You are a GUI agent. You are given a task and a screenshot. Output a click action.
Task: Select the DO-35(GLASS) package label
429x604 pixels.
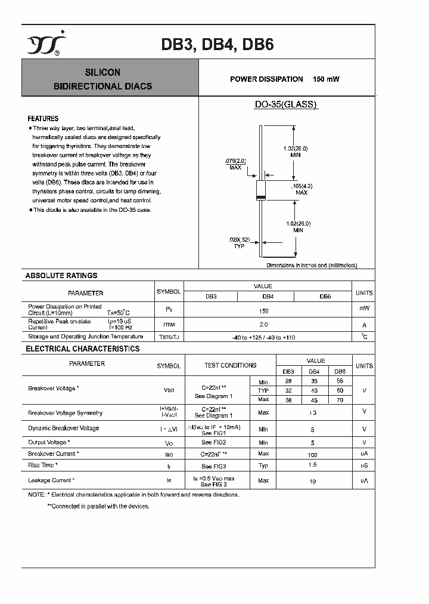pos(286,104)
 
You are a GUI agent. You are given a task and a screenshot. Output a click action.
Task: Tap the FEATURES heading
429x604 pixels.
pos(43,119)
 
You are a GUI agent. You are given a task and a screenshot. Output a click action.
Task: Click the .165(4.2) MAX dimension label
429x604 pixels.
pos(301,189)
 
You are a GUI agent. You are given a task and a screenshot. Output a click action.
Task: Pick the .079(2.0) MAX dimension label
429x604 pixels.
pos(235,164)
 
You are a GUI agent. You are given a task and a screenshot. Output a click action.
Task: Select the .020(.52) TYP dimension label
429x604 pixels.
pos(240,242)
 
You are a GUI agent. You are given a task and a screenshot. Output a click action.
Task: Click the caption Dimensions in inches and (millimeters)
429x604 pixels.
pos(312,265)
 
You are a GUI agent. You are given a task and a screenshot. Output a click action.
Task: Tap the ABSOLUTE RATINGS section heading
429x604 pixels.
pos(61,276)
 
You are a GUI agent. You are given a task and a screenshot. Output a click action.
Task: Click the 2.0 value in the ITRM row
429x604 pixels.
pos(264,324)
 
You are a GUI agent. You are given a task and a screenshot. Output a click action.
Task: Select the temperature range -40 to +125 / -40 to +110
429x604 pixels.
pos(263,337)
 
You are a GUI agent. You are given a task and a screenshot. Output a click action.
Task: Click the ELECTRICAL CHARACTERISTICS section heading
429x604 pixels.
pos(82,349)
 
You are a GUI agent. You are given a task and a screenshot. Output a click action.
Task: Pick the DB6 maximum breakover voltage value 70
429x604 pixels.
pos(339,399)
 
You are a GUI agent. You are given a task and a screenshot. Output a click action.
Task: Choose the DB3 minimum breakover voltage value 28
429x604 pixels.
pos(288,381)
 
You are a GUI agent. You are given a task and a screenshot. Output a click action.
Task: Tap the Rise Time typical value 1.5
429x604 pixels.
pos(313,465)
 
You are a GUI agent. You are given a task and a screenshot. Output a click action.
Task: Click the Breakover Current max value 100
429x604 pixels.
pos(313,454)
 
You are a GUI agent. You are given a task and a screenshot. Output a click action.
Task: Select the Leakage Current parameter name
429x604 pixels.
pos(51,480)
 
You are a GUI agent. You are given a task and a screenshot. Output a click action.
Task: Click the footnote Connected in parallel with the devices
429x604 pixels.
pos(98,506)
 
